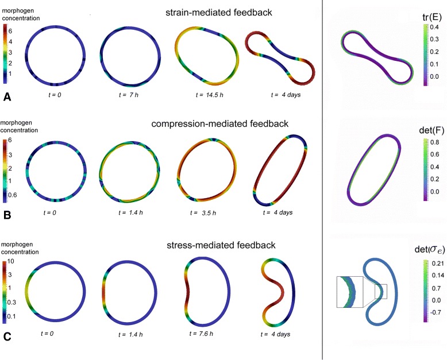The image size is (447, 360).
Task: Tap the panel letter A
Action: click(x=7, y=98)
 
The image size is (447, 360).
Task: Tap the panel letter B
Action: click(x=7, y=217)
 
